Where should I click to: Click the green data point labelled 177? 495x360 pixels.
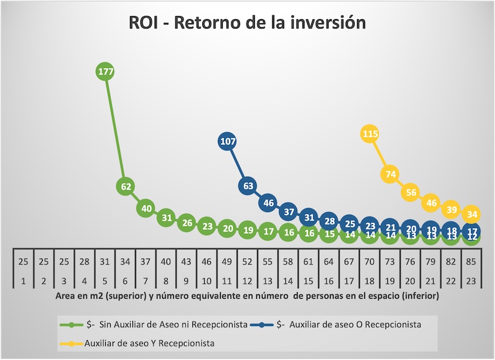[106, 72]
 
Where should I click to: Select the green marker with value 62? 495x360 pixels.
[126, 186]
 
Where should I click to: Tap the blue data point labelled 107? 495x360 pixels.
[228, 142]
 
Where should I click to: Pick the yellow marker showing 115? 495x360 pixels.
[370, 134]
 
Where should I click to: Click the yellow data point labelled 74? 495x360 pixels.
[390, 174]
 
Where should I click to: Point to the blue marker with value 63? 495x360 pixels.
[248, 186]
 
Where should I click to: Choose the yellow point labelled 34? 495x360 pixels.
[471, 215]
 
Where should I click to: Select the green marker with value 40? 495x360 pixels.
[147, 208]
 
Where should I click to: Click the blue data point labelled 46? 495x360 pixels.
[269, 202]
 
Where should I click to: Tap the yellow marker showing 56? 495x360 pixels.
[411, 192]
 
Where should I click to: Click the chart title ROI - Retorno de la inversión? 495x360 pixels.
[247, 23]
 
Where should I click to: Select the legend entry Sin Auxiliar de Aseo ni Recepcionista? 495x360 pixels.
[160, 324]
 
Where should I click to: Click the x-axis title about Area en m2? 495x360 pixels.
[247, 296]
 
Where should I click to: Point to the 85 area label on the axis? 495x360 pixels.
[471, 262]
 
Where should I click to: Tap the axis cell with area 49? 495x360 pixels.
[228, 262]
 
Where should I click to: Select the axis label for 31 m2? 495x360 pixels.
[105, 262]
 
